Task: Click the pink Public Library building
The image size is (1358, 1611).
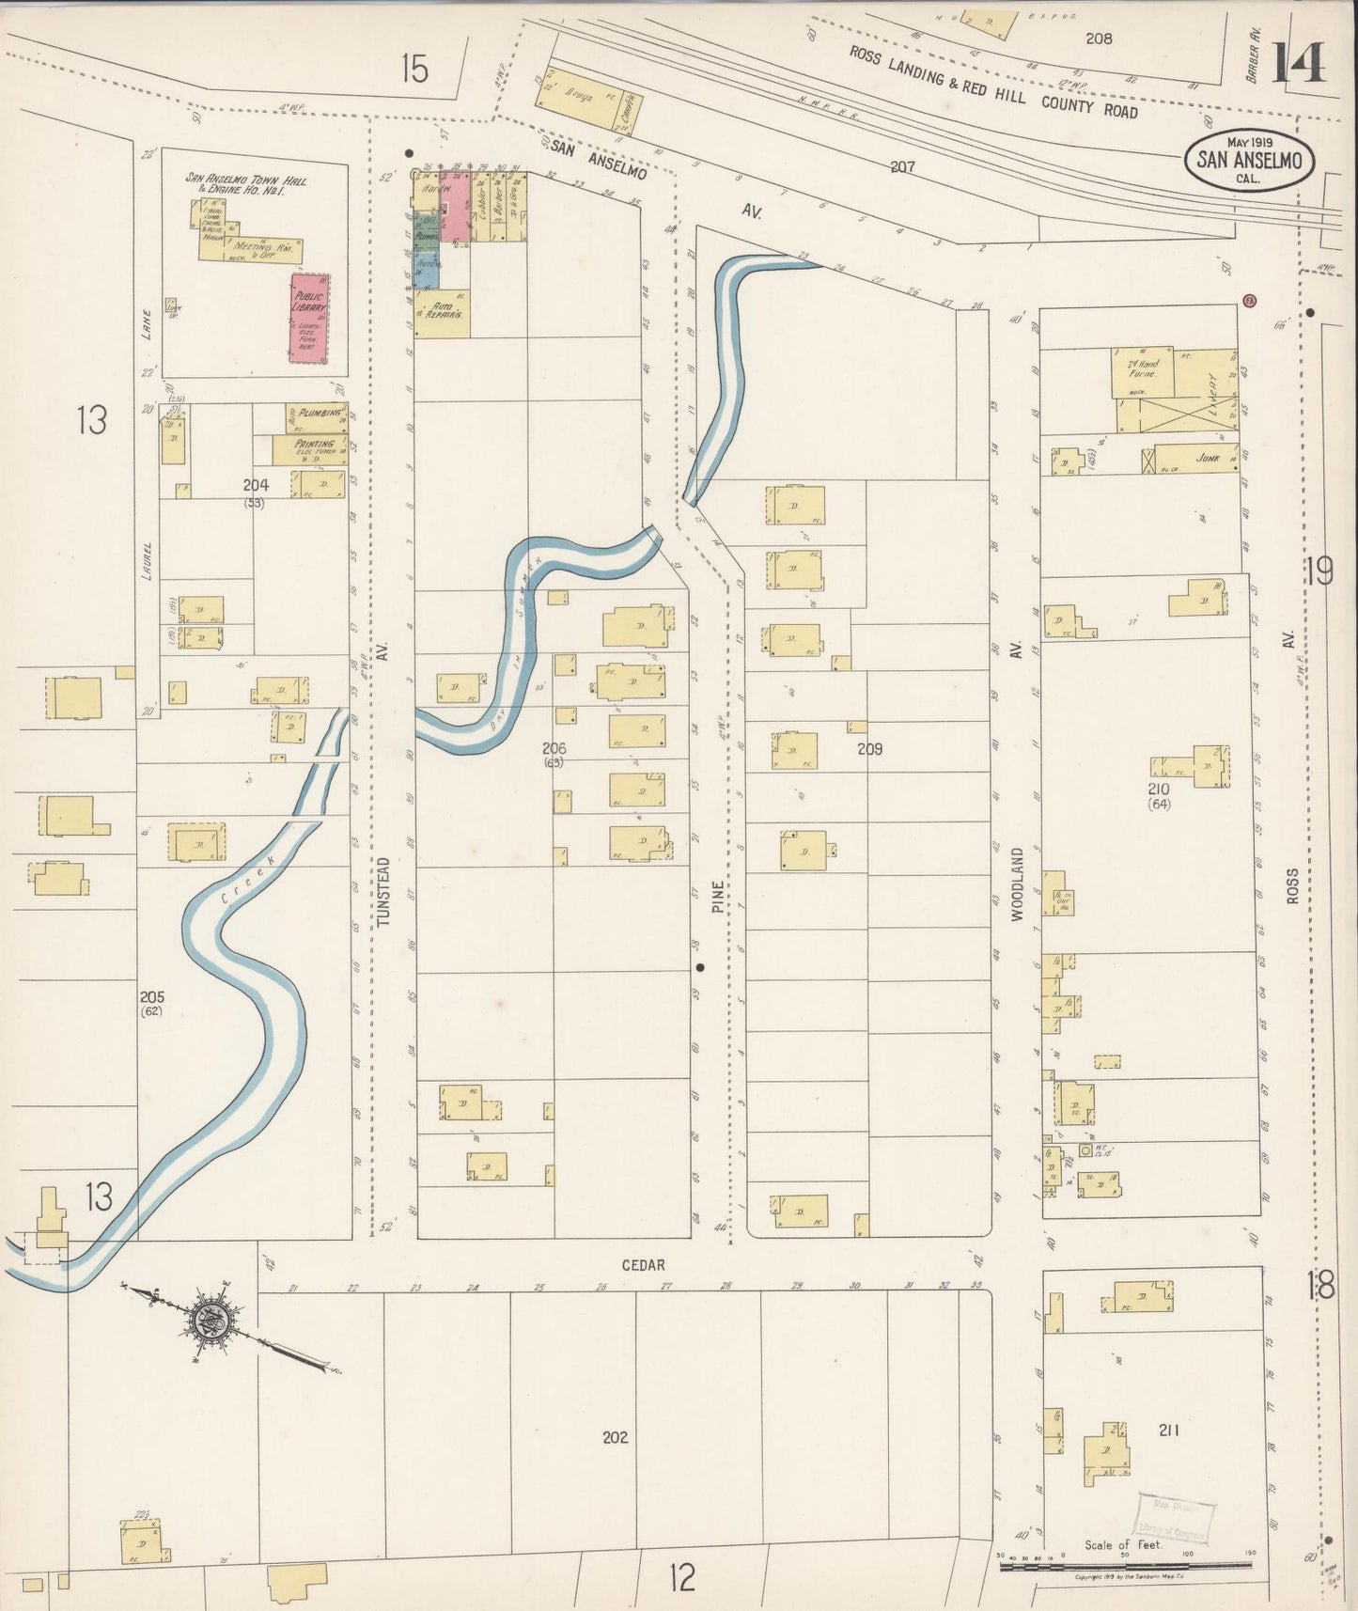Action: point(309,318)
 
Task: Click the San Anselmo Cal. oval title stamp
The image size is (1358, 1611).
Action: point(1249,161)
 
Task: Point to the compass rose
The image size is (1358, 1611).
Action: point(215,1322)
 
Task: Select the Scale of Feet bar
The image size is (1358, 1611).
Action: point(1123,1565)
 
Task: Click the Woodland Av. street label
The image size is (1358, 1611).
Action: point(1016,883)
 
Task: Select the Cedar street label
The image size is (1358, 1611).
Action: point(643,1265)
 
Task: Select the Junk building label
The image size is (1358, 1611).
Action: point(1208,459)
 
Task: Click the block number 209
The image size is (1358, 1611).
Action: point(869,749)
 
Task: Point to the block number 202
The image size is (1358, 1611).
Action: point(615,1436)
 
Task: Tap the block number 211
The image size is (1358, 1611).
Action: point(1168,1430)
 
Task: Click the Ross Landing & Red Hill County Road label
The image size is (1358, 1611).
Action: point(992,82)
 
